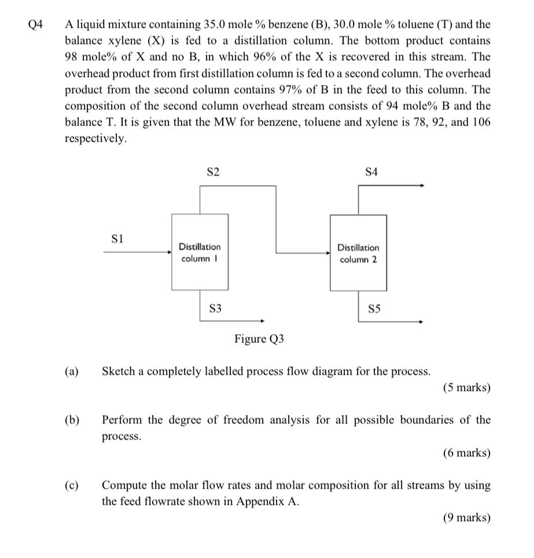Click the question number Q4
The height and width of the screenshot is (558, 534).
click(35, 24)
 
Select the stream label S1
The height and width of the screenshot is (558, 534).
click(117, 238)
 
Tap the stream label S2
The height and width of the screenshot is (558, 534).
click(213, 172)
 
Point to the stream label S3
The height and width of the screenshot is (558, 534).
click(215, 309)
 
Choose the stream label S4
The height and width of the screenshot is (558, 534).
click(371, 172)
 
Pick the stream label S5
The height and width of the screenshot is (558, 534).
click(374, 309)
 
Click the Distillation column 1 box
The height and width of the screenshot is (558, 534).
click(200, 253)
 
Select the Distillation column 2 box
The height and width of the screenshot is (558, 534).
click(358, 253)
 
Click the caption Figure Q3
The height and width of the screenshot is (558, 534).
click(259, 339)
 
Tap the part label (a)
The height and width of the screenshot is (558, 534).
click(72, 371)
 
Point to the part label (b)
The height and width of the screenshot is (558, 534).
click(72, 420)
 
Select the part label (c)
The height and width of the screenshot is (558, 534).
click(72, 485)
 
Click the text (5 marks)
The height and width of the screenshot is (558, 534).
click(466, 387)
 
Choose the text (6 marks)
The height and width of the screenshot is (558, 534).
click(466, 453)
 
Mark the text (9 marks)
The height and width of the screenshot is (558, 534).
click(466, 518)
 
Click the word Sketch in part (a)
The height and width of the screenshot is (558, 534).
click(122, 371)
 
